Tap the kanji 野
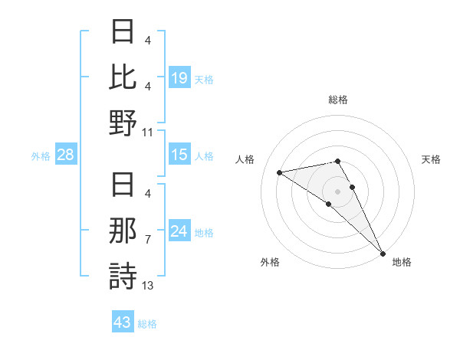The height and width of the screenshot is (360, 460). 123,123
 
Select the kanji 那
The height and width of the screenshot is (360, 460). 123,231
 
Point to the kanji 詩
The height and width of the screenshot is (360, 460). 123,276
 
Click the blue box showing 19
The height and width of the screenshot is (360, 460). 179,77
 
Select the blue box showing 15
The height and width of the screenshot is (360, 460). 179,155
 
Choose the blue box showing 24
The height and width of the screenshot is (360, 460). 179,231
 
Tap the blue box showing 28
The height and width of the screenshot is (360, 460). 66,155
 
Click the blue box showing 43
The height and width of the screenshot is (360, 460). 123,322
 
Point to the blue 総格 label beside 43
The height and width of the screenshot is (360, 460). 147,323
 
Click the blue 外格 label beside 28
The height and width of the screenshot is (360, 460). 41,156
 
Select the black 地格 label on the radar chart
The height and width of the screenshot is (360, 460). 402,262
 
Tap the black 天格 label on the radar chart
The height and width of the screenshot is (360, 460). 431,159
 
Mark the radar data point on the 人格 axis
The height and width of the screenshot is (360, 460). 280,172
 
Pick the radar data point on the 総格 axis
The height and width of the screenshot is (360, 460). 337,161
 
